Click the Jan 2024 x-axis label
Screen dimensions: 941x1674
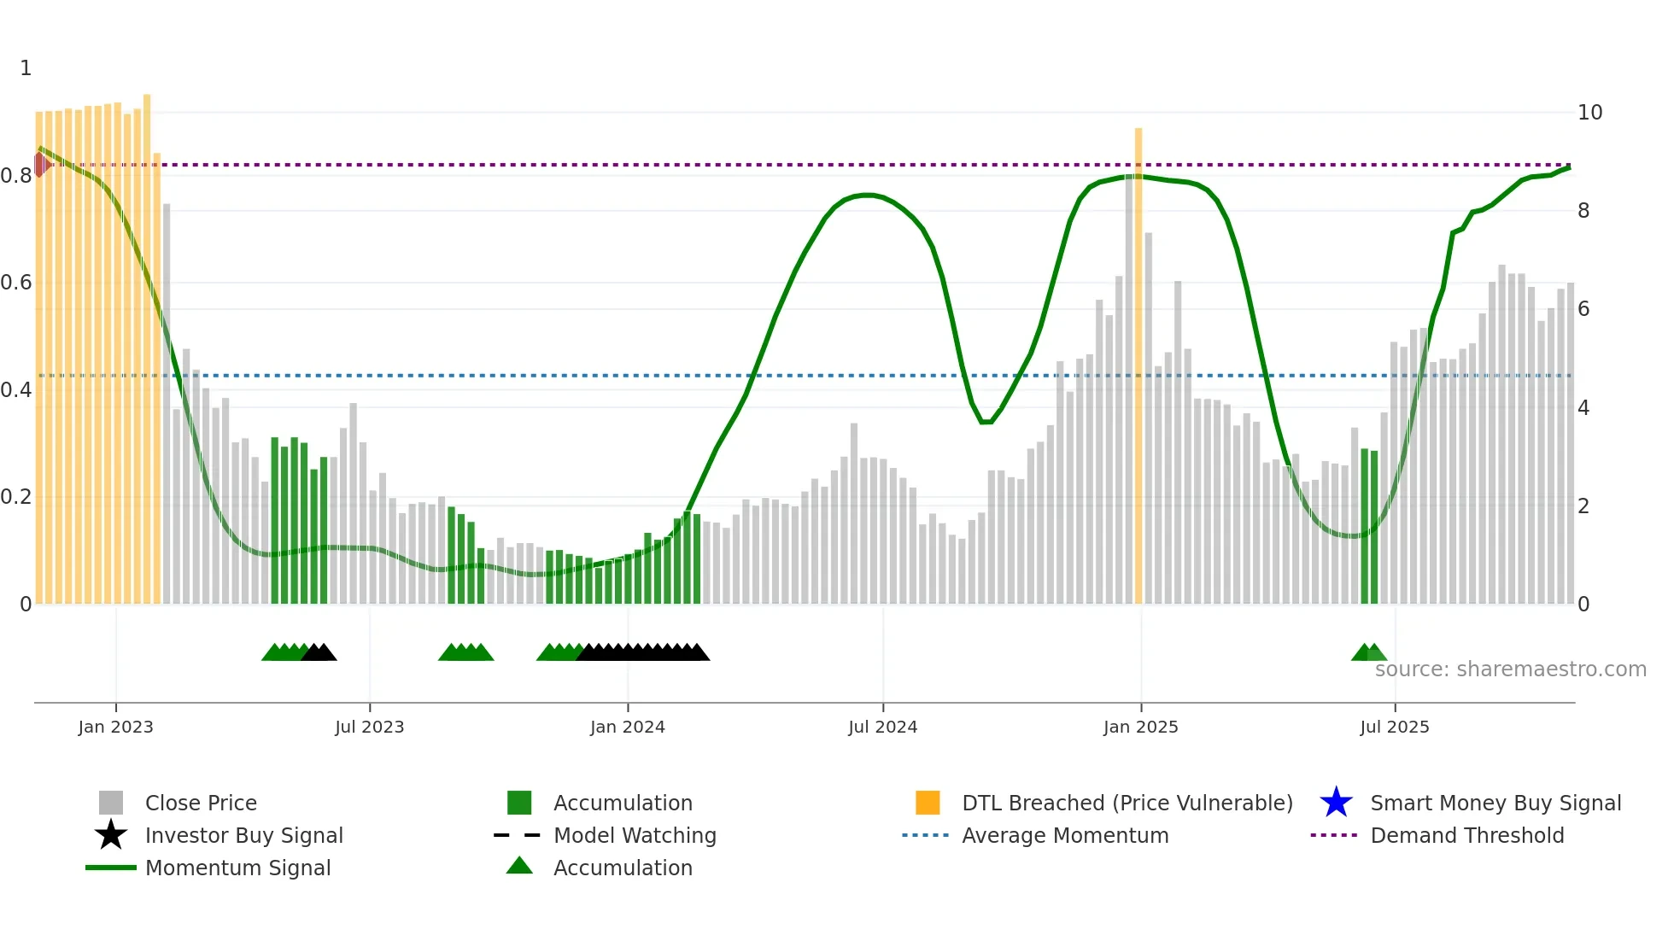click(627, 727)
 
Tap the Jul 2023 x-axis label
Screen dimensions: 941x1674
click(369, 727)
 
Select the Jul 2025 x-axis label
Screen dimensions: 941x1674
click(1394, 727)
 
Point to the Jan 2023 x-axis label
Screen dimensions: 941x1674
click(115, 727)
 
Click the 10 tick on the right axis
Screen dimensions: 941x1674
click(1589, 113)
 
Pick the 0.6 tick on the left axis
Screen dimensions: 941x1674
click(17, 283)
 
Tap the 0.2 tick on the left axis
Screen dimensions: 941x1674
click(17, 497)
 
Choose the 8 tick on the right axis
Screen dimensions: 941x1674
click(1583, 211)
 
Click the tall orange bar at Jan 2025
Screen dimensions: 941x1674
click(1138, 367)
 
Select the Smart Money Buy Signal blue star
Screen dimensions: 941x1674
click(1336, 803)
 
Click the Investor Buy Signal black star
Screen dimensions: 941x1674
click(111, 835)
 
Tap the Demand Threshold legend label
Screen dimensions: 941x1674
click(1466, 835)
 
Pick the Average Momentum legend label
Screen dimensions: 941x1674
click(1065, 835)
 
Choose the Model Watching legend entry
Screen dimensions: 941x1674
click(635, 835)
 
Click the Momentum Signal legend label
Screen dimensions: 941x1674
click(237, 868)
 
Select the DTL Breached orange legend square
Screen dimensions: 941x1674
click(928, 803)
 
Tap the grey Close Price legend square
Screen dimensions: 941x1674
click(111, 803)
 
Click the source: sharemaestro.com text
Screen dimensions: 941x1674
click(1510, 669)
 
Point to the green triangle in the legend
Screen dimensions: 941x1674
click(519, 866)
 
